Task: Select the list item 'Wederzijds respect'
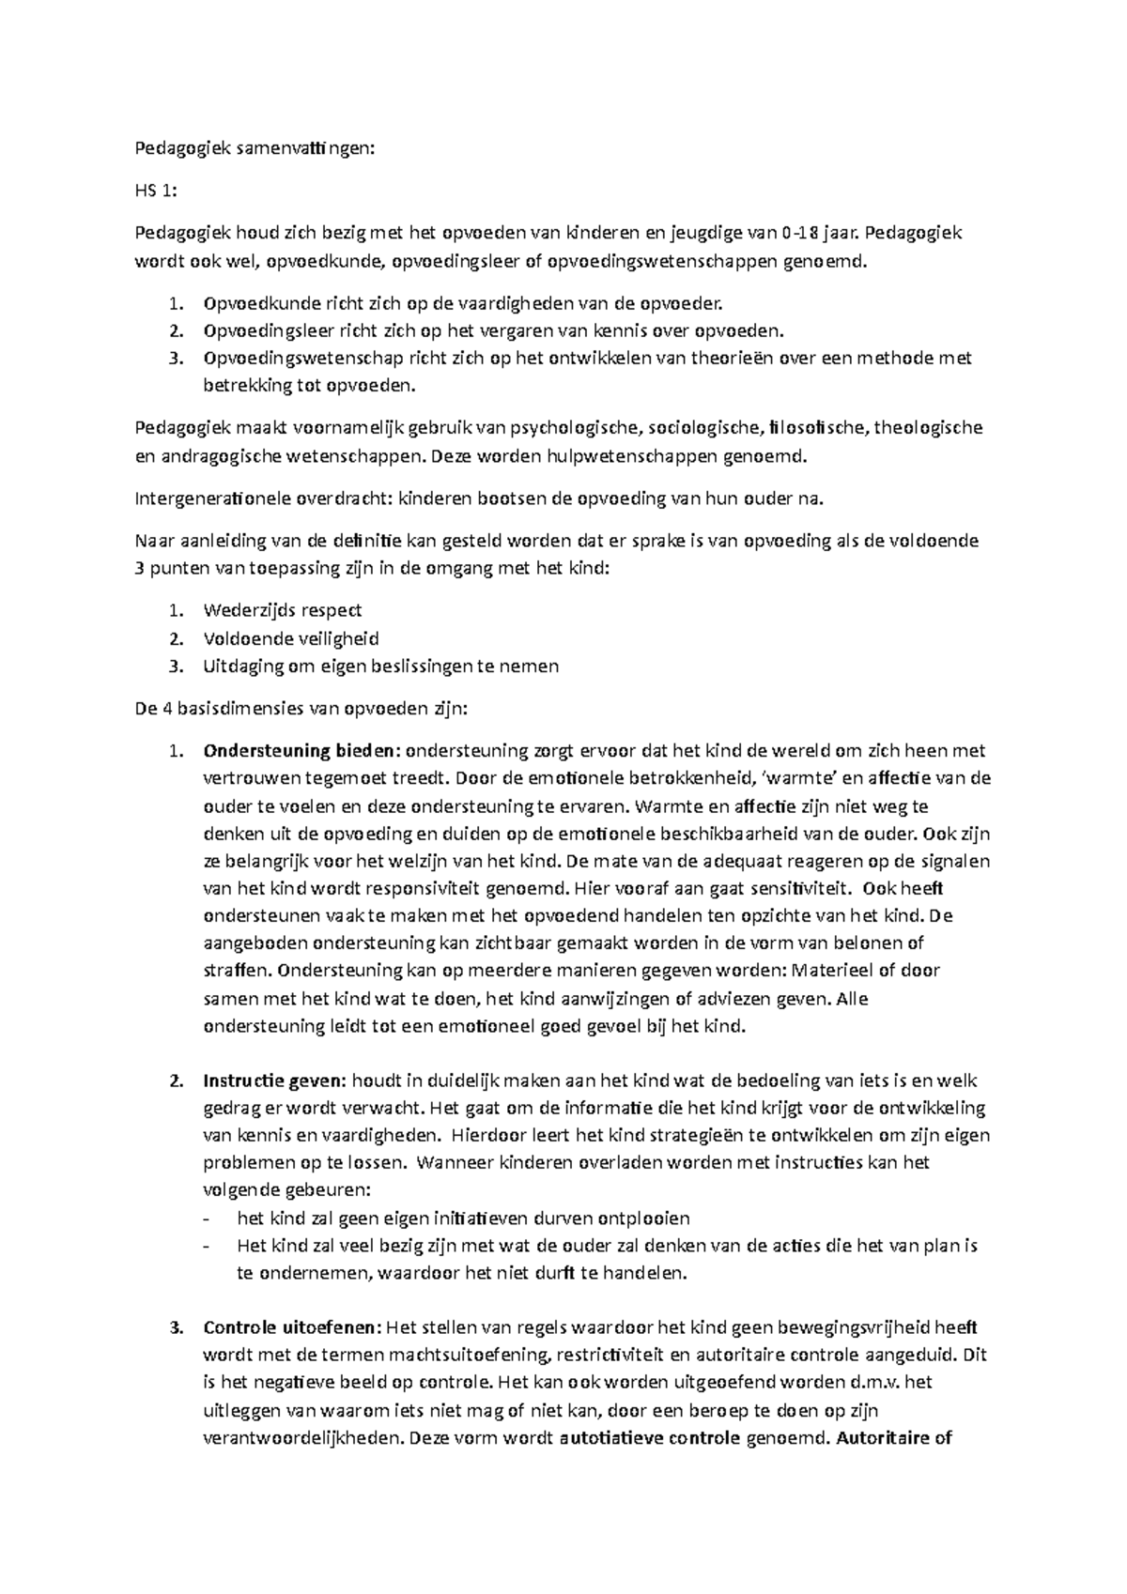(282, 610)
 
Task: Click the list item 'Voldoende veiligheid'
(290, 638)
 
